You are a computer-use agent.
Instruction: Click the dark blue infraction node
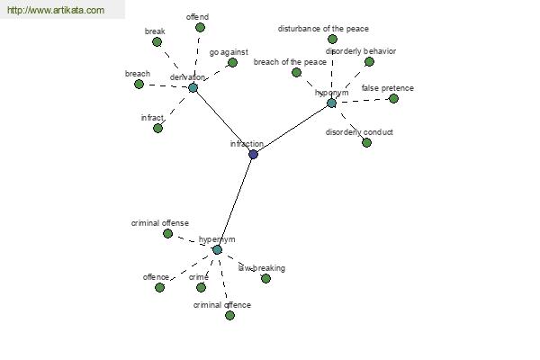tap(253, 154)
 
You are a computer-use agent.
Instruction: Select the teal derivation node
tap(193, 87)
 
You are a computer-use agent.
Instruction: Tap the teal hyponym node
tap(331, 103)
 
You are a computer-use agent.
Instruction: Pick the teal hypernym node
tap(217, 250)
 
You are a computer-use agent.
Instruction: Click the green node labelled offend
tap(200, 28)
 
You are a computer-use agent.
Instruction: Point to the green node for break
tap(157, 42)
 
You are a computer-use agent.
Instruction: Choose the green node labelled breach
tap(139, 84)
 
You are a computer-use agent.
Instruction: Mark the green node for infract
tap(157, 128)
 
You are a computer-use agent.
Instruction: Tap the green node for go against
tap(232, 62)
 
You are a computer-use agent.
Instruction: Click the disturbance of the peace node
tap(332, 39)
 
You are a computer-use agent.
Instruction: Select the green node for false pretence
tap(393, 98)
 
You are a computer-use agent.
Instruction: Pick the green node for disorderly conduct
tap(367, 142)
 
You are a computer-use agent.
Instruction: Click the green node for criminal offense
tap(167, 234)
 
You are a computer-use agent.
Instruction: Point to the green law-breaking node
tap(265, 278)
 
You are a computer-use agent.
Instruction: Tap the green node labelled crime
tap(201, 287)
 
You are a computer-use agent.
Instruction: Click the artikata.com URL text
tap(56, 10)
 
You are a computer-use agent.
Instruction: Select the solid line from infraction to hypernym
tap(235, 202)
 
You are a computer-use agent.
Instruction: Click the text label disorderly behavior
tap(361, 51)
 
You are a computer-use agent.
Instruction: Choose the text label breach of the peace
tap(290, 62)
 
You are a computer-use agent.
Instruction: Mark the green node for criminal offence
tap(229, 315)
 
